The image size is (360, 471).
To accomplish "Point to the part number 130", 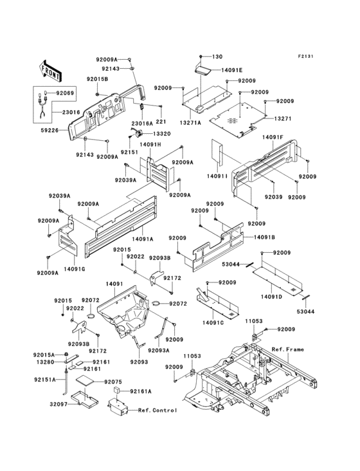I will click(217, 57).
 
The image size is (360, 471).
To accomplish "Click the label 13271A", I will click(190, 122).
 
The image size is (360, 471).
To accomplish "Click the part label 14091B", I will click(264, 237).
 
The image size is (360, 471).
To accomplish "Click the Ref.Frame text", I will click(287, 349).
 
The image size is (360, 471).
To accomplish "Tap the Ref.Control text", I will click(157, 410).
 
